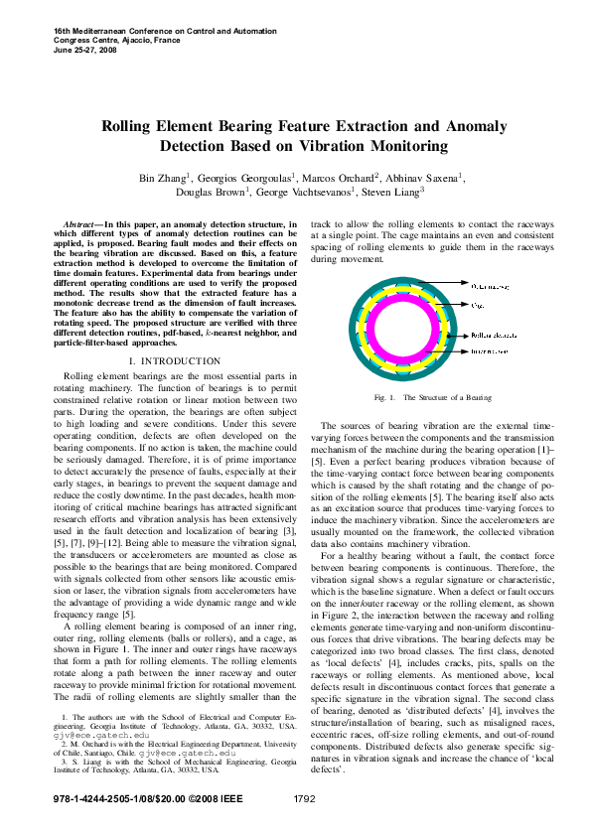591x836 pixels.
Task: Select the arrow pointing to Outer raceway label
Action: pos(454,287)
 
